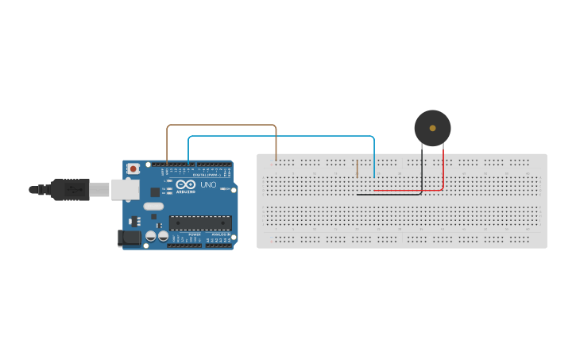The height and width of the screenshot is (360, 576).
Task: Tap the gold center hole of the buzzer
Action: click(432, 127)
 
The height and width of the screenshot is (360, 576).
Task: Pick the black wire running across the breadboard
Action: click(389, 194)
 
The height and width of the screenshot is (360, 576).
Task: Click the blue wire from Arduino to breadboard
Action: click(278, 137)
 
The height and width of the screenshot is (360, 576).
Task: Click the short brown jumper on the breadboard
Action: click(357, 168)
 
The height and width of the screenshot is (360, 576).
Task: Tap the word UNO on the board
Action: click(207, 185)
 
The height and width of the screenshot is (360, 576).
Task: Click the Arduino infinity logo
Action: click(184, 184)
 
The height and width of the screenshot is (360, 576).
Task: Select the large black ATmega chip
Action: click(200, 223)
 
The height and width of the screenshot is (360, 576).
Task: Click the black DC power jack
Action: click(127, 237)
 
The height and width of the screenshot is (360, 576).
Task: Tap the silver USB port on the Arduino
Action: click(122, 189)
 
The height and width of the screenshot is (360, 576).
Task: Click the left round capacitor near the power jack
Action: click(150, 236)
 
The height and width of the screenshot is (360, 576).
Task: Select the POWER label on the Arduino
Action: click(195, 236)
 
